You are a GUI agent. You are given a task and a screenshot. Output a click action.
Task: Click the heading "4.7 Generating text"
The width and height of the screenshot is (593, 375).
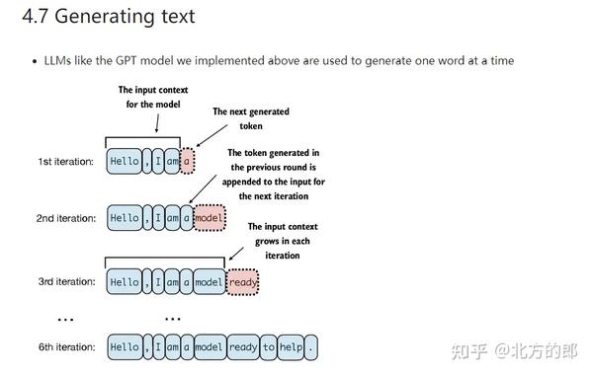tap(111, 17)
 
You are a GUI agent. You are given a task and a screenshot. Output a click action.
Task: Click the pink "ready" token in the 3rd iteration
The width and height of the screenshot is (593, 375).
tap(242, 282)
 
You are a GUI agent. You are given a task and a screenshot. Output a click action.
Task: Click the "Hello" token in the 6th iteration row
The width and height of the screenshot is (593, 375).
tap(125, 347)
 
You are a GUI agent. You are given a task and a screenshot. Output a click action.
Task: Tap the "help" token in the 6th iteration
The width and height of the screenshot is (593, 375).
tap(292, 347)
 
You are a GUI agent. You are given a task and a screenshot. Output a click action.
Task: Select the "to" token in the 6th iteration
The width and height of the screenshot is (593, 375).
tap(269, 347)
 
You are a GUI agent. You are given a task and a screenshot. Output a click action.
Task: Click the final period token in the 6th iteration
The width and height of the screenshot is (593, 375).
tap(312, 347)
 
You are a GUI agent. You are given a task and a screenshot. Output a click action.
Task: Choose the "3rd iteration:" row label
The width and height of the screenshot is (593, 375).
tap(66, 282)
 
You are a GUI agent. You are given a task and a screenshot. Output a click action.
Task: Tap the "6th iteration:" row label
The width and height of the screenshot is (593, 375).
tap(66, 347)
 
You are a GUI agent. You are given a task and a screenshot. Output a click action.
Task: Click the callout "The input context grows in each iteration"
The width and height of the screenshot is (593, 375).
tap(287, 241)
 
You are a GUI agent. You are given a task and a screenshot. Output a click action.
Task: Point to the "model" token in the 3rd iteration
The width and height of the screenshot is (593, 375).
tap(210, 282)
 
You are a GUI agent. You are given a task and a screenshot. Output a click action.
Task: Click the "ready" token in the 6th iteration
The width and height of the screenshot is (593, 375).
tap(242, 347)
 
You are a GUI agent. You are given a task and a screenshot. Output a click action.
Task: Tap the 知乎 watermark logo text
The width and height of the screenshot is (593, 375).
tap(470, 348)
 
